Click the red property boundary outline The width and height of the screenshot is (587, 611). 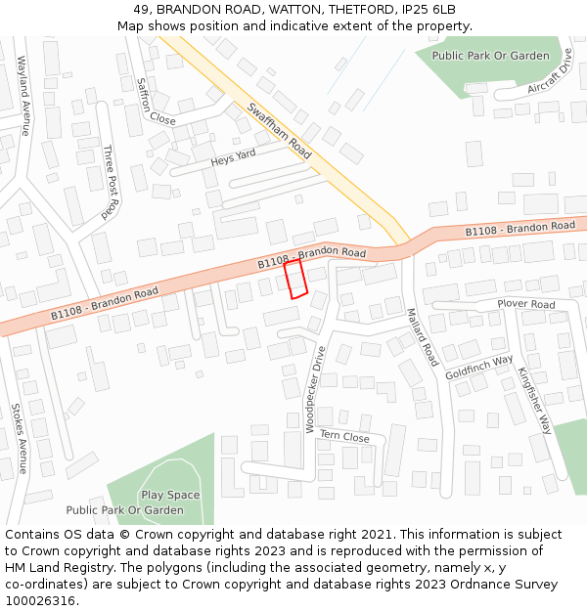pyautogui.click(x=296, y=279)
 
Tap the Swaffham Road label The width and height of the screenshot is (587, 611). pyautogui.click(x=279, y=131)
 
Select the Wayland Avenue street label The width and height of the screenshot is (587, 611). pyautogui.click(x=23, y=95)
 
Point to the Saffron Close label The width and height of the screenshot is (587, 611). pyautogui.click(x=157, y=102)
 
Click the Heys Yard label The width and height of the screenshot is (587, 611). pyautogui.click(x=233, y=156)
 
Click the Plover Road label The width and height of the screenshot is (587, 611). pyautogui.click(x=525, y=304)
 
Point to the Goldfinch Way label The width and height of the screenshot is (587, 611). pyautogui.click(x=478, y=368)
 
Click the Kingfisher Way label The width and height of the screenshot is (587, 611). pyautogui.click(x=535, y=401)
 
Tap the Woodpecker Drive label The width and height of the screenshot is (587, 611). pyautogui.click(x=314, y=388)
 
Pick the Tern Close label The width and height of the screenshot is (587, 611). pyautogui.click(x=344, y=437)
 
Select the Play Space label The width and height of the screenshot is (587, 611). pyautogui.click(x=170, y=495)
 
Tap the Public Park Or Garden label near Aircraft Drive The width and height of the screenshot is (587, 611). pyautogui.click(x=491, y=56)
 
